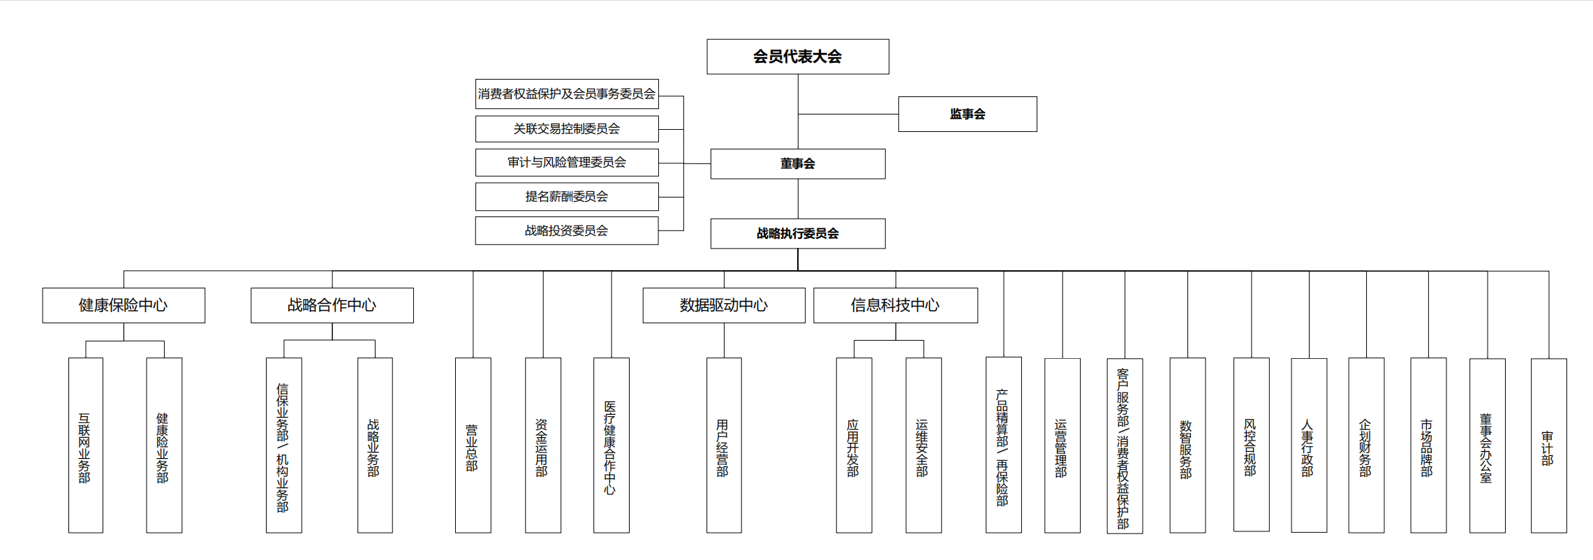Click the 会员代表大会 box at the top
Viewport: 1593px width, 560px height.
pyautogui.click(x=798, y=57)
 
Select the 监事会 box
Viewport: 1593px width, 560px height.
pyautogui.click(x=968, y=114)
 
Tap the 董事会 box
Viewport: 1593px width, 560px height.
pyautogui.click(x=798, y=163)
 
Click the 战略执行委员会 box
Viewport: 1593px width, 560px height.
pyautogui.click(x=798, y=233)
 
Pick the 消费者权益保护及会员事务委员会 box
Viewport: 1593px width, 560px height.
pyautogui.click(x=567, y=94)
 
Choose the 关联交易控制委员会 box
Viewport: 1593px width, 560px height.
pyautogui.click(x=567, y=128)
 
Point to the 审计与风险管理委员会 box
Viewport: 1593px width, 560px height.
pyautogui.click(x=567, y=162)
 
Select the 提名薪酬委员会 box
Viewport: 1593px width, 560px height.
pyautogui.click(x=567, y=196)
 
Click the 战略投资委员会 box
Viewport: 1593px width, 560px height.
pyautogui.click(x=567, y=230)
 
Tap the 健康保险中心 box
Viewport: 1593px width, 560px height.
pyautogui.click(x=124, y=305)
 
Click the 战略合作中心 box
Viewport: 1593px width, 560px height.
pyautogui.click(x=332, y=305)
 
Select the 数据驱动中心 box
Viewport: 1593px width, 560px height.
pyautogui.click(x=724, y=305)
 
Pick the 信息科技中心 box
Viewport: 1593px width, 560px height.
pyautogui.click(x=896, y=305)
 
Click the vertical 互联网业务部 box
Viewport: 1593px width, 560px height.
pyautogui.click(x=86, y=445)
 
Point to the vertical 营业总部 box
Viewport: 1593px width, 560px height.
pyautogui.click(x=473, y=445)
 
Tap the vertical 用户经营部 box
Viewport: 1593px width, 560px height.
pyautogui.click(x=724, y=445)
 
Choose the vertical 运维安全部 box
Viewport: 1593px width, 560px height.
pyautogui.click(x=924, y=445)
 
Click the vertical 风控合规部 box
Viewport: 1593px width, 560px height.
pyautogui.click(x=1252, y=445)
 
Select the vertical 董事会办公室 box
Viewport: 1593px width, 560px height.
pyautogui.click(x=1488, y=445)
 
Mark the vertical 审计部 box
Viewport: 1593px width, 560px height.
pyautogui.click(x=1549, y=445)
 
